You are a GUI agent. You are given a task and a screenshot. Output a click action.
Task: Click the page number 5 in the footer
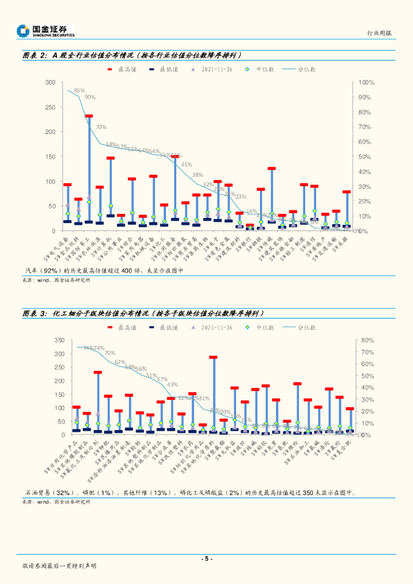(x=206, y=558)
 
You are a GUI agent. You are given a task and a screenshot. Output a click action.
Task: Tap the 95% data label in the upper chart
(x=79, y=90)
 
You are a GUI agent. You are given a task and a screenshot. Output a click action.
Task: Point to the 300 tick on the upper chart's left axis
(x=50, y=83)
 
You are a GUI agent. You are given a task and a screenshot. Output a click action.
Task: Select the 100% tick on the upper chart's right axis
(x=366, y=83)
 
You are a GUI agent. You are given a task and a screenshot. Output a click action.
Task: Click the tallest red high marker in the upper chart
(x=89, y=116)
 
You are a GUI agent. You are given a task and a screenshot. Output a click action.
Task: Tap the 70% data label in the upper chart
(x=101, y=127)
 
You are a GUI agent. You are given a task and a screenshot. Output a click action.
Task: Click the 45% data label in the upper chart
(x=187, y=164)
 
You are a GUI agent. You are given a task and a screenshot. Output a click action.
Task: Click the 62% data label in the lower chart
(x=120, y=362)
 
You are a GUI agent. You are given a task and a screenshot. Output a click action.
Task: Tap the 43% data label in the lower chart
(x=172, y=384)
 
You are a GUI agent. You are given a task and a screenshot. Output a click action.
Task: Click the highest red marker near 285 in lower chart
(x=213, y=358)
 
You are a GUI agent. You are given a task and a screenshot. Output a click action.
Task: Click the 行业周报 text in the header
(x=379, y=33)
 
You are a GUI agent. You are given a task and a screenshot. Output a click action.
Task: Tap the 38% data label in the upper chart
(x=197, y=175)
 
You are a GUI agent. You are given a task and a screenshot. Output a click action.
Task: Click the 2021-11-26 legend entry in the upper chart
(x=217, y=69)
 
